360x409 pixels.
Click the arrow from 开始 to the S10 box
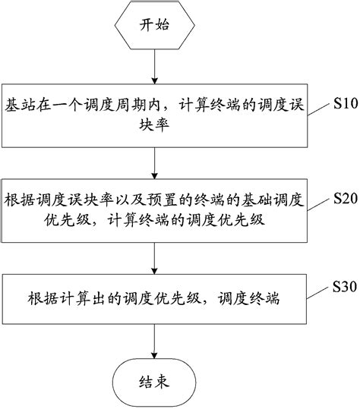(155, 66)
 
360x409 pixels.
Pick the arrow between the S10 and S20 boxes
(155, 163)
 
